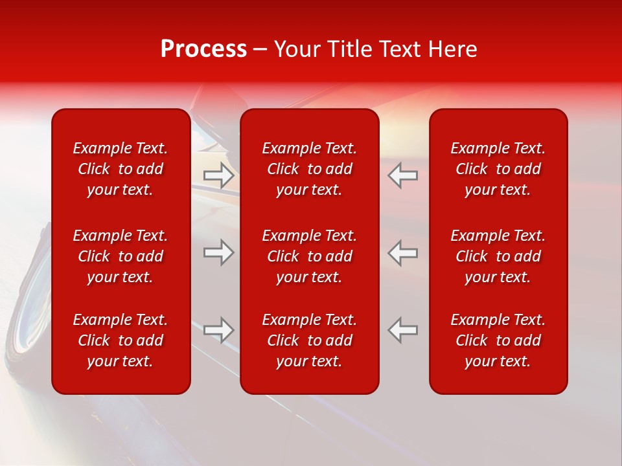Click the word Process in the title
[203, 49]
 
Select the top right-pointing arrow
[219, 175]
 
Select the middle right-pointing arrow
[219, 252]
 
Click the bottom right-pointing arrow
[219, 330]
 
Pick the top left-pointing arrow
[402, 175]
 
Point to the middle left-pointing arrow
[402, 252]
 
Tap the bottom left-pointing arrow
[402, 330]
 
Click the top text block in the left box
[121, 169]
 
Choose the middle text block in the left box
[121, 256]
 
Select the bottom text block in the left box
[121, 340]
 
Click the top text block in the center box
[309, 169]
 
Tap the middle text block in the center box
[309, 256]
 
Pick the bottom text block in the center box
[309, 340]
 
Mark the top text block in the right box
[498, 169]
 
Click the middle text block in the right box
[498, 256]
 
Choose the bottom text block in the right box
[498, 340]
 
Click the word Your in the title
[295, 49]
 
